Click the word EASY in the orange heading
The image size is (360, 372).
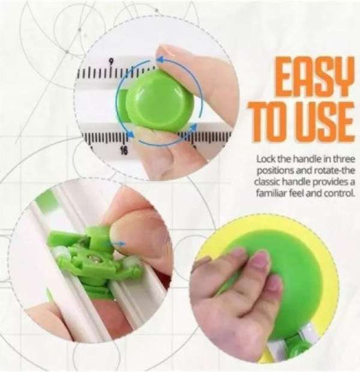click(x=314, y=76)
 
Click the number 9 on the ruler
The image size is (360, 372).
click(x=110, y=61)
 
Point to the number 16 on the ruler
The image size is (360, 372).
click(x=124, y=150)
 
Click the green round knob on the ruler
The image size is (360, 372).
click(x=160, y=101)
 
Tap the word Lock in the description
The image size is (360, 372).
click(x=266, y=159)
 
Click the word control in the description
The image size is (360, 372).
click(x=340, y=194)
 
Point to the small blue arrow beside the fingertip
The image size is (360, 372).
click(x=121, y=244)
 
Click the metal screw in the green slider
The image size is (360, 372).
click(x=91, y=257)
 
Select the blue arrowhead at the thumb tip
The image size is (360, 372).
click(x=160, y=59)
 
